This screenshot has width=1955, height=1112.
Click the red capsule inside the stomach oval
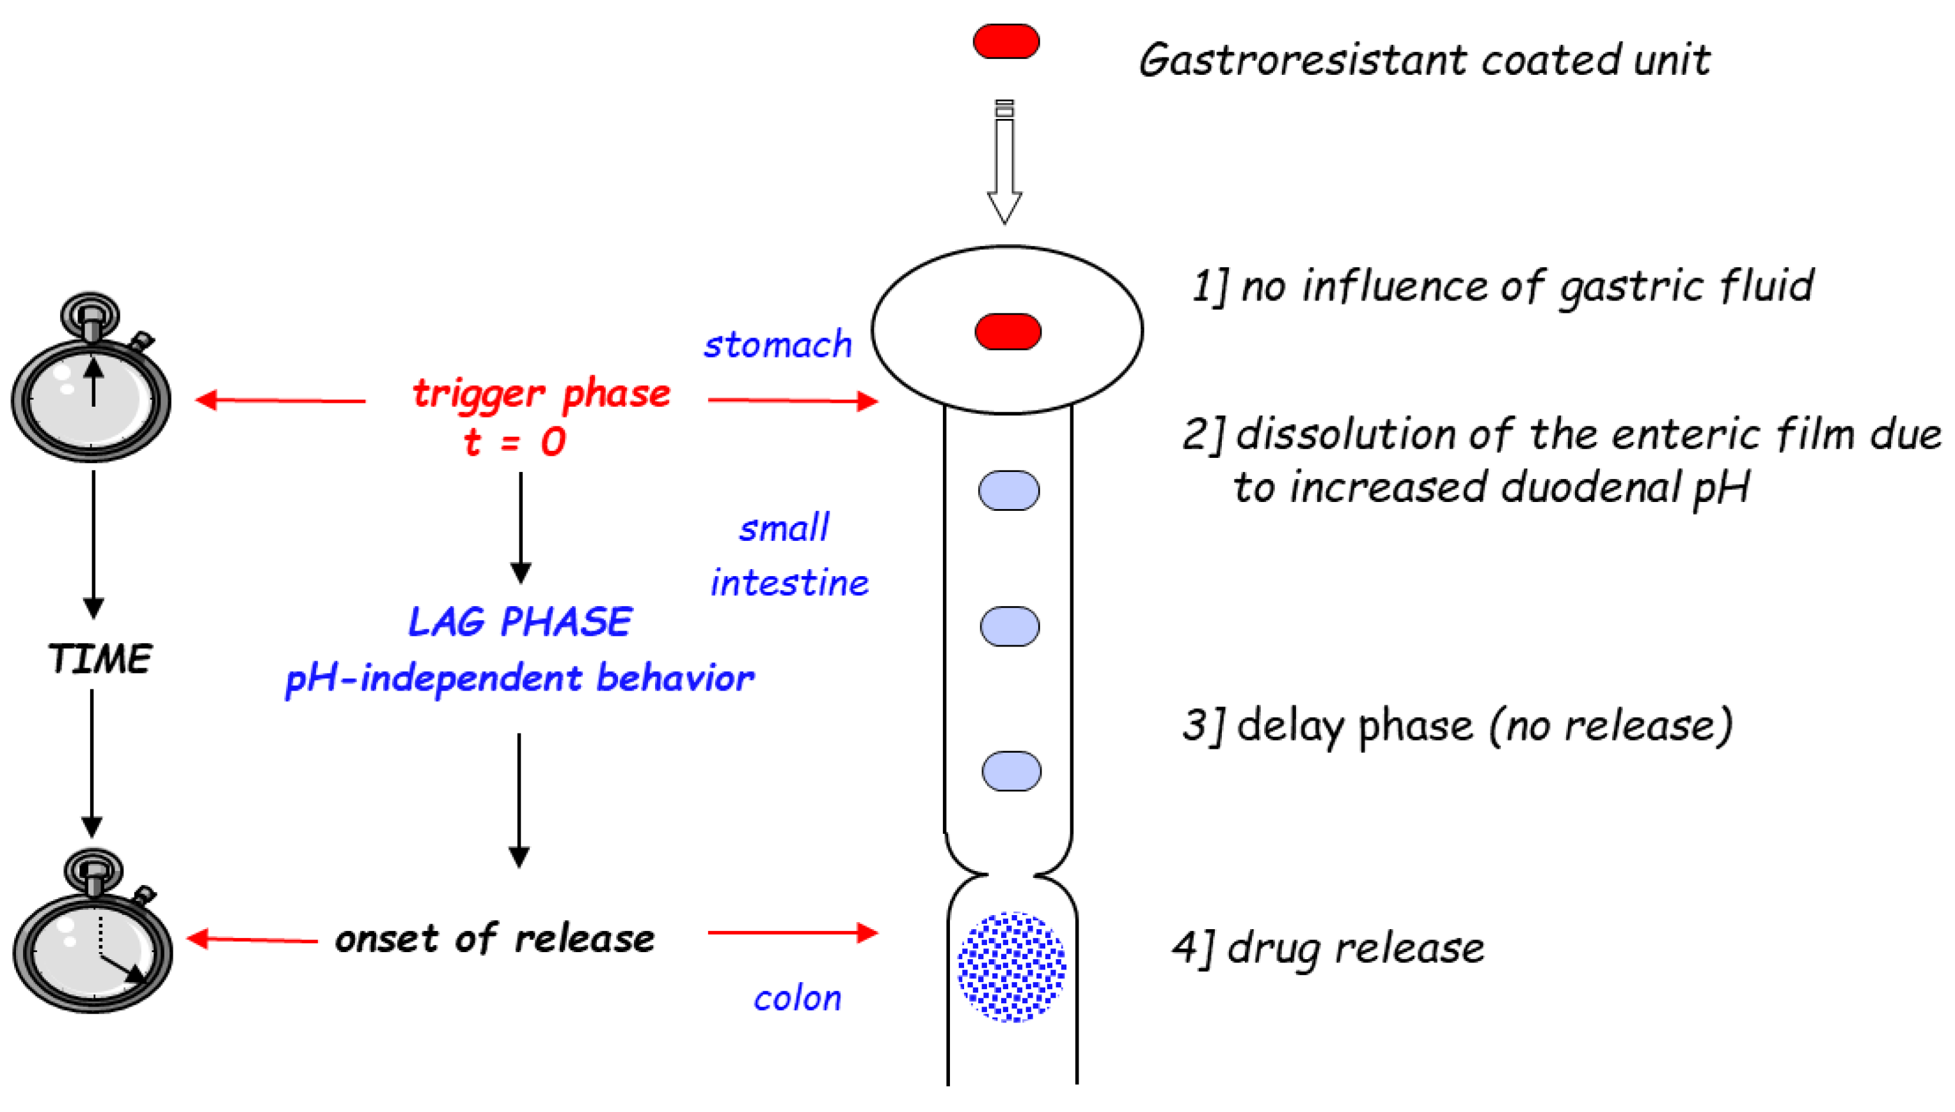tap(1007, 331)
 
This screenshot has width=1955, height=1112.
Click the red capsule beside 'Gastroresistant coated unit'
tap(1006, 41)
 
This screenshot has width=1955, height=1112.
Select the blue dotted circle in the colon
tap(1011, 966)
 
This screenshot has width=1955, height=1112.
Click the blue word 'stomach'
tap(777, 345)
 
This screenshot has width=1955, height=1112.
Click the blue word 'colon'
tap(797, 998)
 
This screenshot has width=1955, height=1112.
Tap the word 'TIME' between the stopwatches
tap(100, 659)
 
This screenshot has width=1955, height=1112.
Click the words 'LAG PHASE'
tap(520, 621)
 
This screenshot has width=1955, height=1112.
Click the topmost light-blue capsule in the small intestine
tap(1008, 490)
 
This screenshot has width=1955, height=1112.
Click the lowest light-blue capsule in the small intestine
tap(1011, 771)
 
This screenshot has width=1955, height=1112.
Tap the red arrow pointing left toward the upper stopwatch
tap(280, 400)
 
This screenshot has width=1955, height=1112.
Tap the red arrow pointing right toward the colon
tap(792, 932)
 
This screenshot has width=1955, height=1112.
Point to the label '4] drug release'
tap(1328, 948)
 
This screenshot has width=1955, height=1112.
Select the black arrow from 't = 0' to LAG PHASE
tap(520, 527)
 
